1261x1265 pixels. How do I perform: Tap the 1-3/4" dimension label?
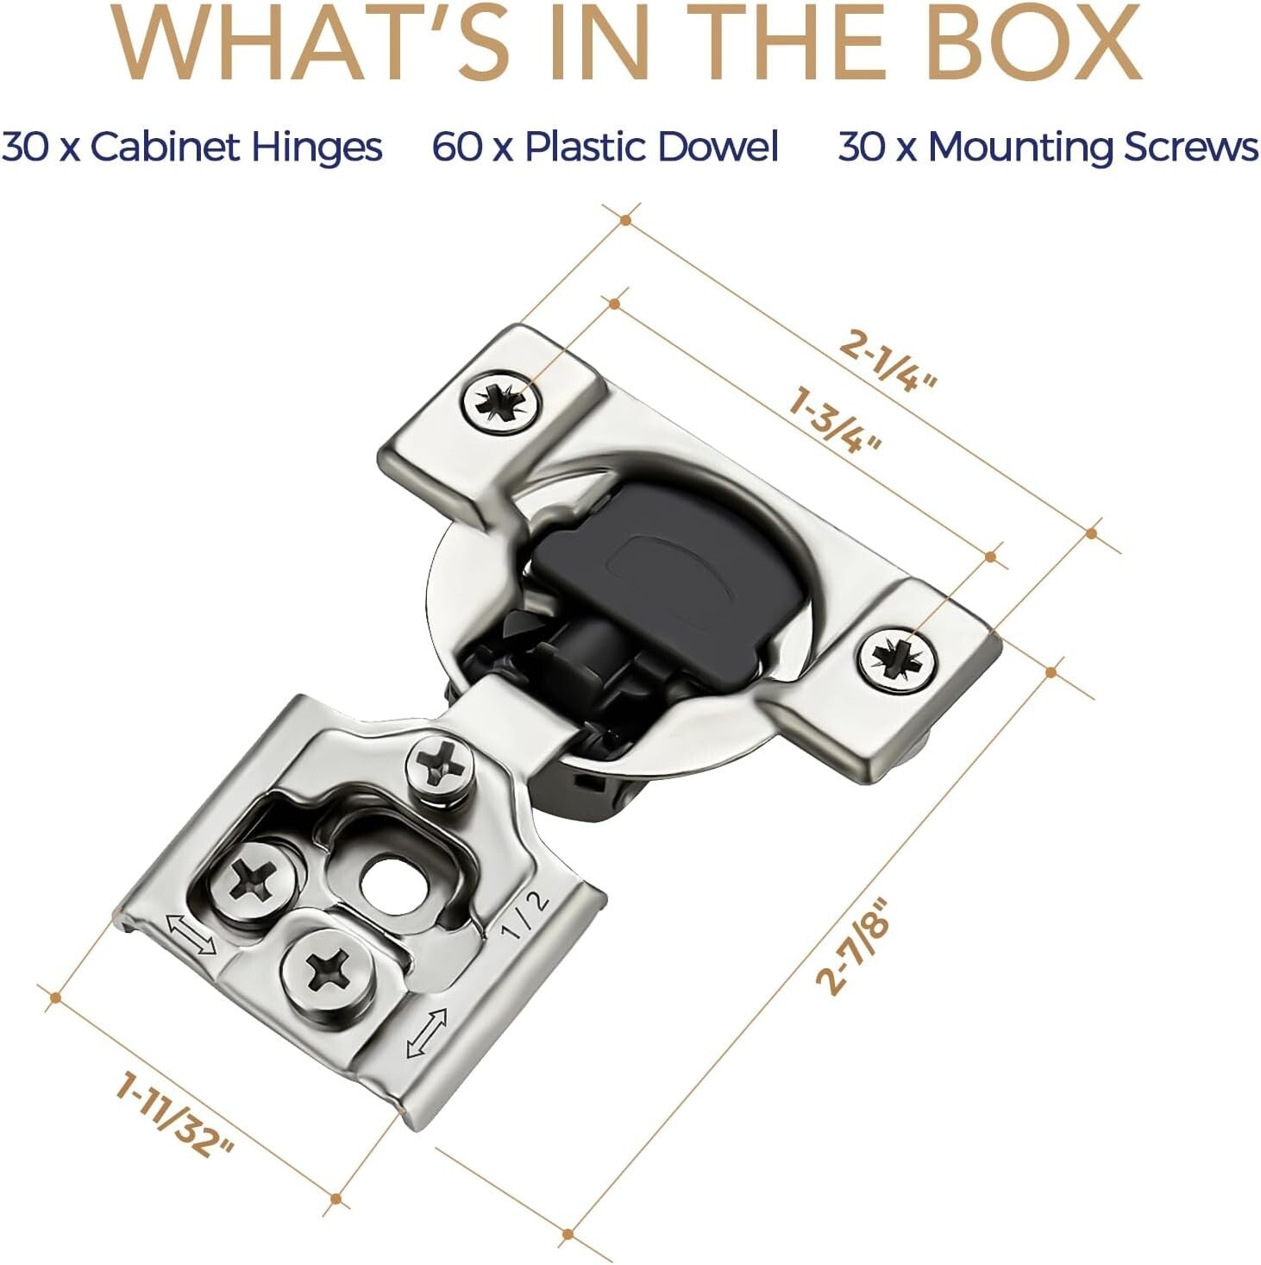[x=835, y=421]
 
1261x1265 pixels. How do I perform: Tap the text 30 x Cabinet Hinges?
[x=191, y=147]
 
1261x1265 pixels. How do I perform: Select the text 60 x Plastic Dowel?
[x=605, y=147]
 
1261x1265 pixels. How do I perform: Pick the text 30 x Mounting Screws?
[x=1048, y=147]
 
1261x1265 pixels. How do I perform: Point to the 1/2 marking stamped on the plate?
[x=524, y=915]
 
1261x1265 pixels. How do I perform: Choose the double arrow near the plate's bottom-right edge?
[x=427, y=1033]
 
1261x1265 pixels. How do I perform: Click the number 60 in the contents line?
[x=457, y=147]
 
